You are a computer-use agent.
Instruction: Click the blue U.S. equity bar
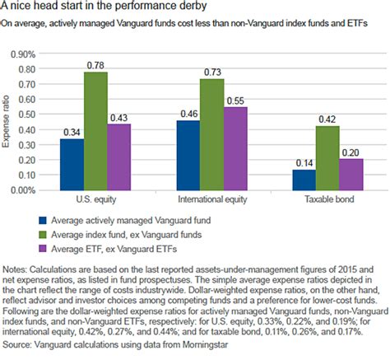[72, 163]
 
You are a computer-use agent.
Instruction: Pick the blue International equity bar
[188, 154]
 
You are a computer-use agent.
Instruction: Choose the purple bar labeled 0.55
[235, 147]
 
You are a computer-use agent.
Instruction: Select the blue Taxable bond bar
[305, 179]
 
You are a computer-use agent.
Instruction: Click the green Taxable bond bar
[328, 157]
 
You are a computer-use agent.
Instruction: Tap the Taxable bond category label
[328, 200]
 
